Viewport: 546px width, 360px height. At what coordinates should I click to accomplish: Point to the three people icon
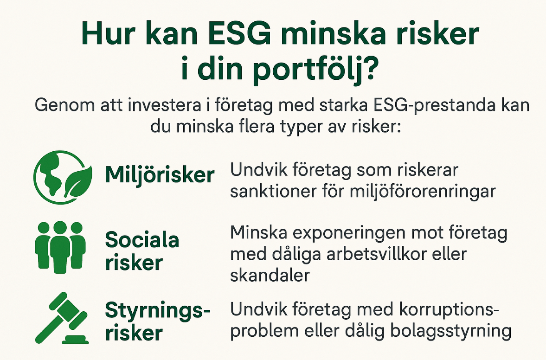pyautogui.click(x=60, y=246)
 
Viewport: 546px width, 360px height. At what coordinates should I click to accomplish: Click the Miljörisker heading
pyautogui.click(x=160, y=175)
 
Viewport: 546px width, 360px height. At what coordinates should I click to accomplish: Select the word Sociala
pyautogui.click(x=142, y=240)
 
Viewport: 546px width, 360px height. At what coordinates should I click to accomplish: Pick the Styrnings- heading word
pyautogui.click(x=154, y=310)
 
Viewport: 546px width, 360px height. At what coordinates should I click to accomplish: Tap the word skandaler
pyautogui.click(x=270, y=276)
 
